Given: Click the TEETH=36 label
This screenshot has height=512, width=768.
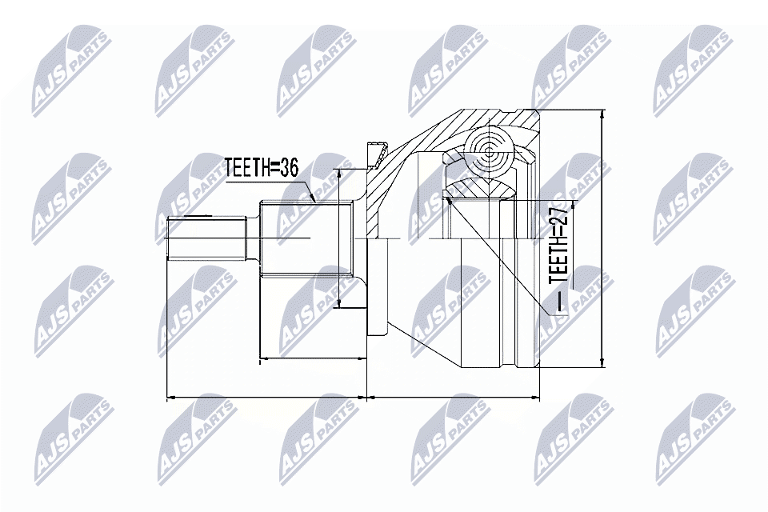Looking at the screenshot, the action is click(x=261, y=168).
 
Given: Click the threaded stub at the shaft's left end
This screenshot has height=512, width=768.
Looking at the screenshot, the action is click(x=206, y=238).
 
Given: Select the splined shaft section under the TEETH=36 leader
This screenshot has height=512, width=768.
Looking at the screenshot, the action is click(x=307, y=238).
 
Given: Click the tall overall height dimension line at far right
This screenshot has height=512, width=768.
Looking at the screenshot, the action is click(x=602, y=238).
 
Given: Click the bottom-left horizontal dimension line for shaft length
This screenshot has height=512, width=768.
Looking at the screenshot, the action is click(x=266, y=398).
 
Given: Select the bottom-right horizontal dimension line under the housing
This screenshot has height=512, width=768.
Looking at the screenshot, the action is click(x=453, y=398).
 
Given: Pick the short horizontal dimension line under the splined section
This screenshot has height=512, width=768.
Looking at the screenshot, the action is click(x=313, y=358).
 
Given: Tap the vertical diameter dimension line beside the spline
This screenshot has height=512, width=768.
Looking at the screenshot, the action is click(x=338, y=238).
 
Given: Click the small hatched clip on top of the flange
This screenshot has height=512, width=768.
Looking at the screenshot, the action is click(x=376, y=153).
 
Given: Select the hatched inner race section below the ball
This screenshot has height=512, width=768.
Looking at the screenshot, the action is click(x=478, y=190).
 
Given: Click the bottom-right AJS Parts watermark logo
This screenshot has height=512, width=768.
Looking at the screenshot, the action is click(x=695, y=439).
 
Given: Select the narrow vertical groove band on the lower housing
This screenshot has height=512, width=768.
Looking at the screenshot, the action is click(x=508, y=302).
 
